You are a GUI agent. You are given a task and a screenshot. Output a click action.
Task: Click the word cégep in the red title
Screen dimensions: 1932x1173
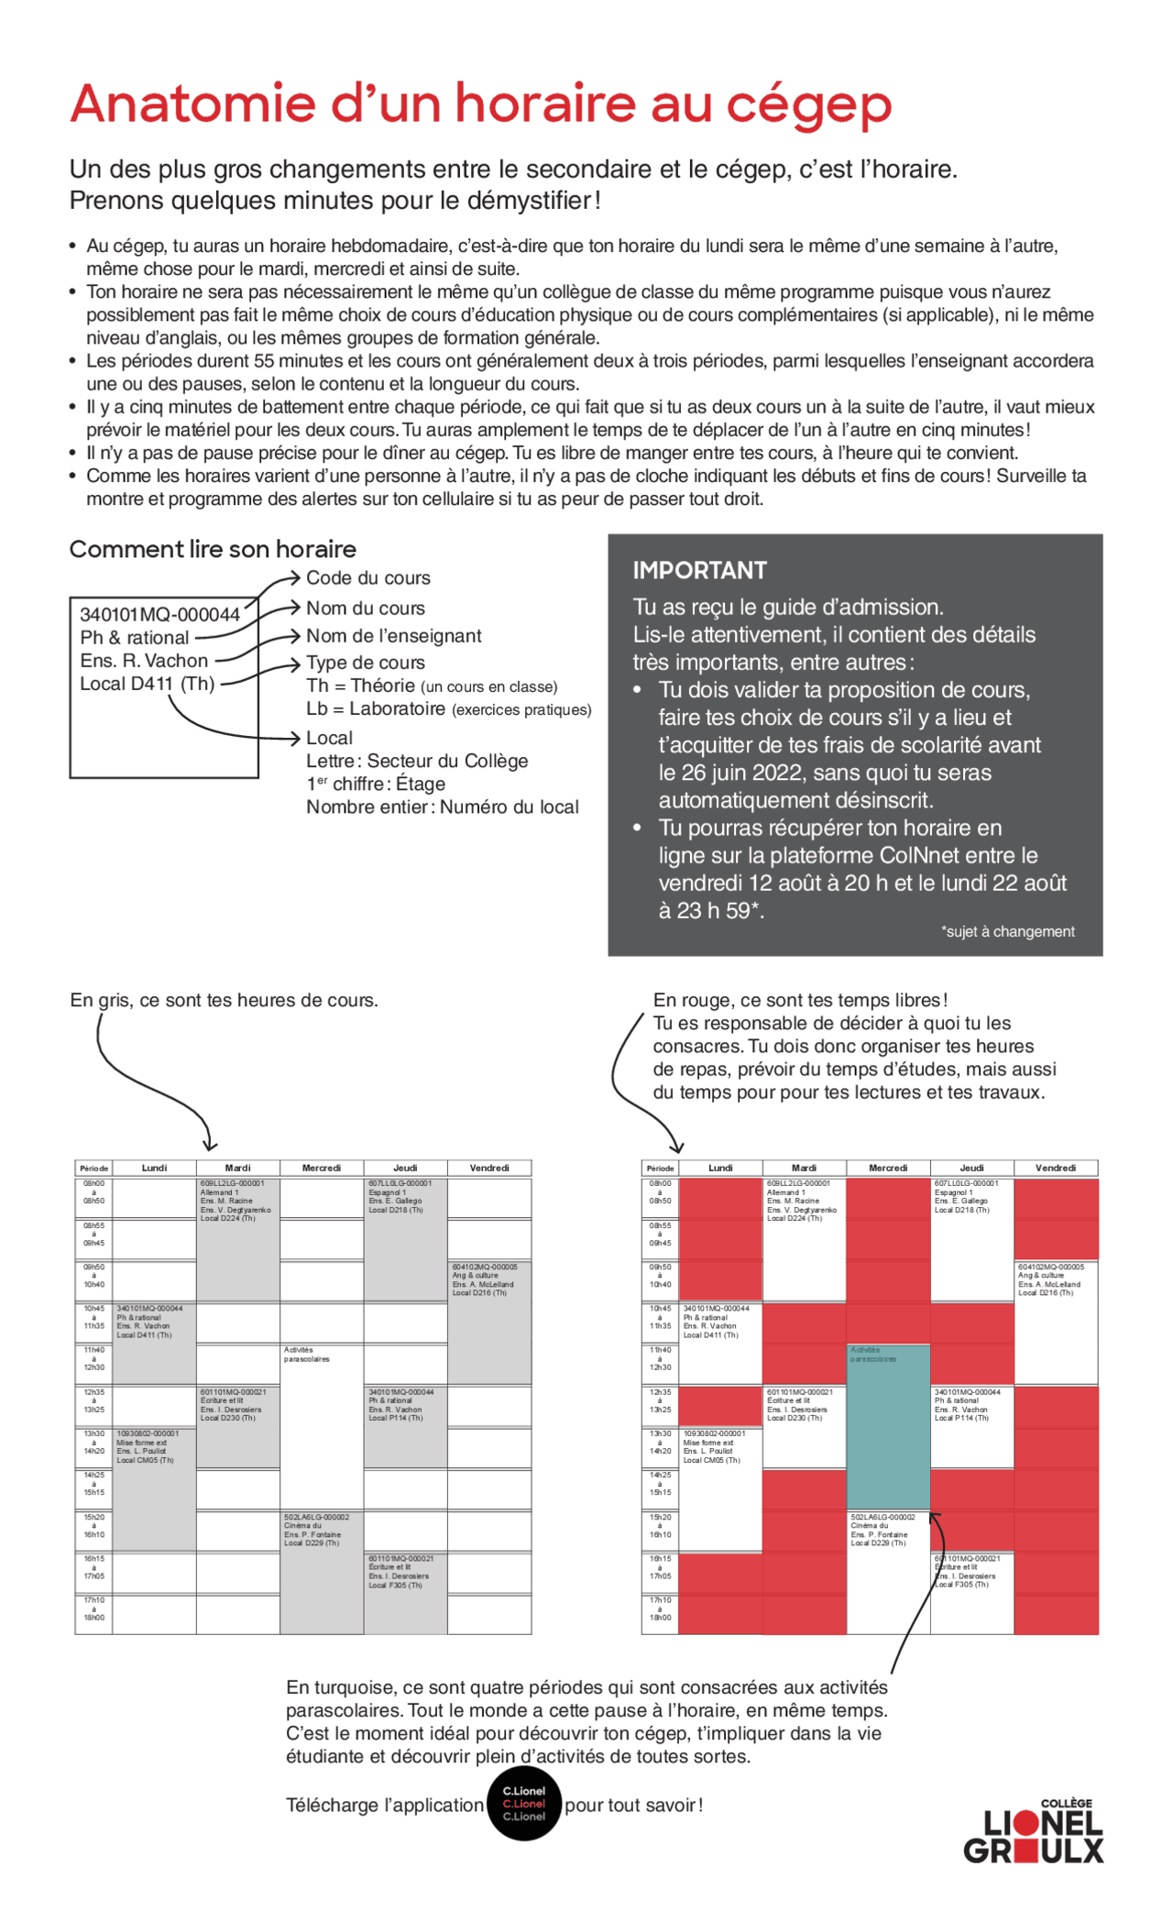pos(808,105)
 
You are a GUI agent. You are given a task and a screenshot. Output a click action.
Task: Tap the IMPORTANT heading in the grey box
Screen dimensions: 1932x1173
pos(699,570)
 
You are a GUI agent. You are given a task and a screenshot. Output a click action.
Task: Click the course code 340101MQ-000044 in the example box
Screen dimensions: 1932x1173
pos(159,614)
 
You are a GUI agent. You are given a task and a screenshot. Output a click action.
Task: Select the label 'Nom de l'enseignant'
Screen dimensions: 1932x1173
pos(393,635)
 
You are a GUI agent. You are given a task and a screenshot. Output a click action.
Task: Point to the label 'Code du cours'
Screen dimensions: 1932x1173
pos(367,577)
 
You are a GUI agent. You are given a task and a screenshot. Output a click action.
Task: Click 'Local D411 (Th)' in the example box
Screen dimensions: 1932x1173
pos(147,684)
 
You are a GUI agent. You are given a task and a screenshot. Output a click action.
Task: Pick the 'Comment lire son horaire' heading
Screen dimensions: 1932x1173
pos(213,549)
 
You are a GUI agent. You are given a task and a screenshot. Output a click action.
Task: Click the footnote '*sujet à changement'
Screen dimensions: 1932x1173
pos(1007,931)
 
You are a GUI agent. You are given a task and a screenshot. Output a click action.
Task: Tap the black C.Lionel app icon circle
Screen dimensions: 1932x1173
pos(523,1804)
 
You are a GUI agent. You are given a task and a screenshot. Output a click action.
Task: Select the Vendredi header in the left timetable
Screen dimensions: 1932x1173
pos(488,1168)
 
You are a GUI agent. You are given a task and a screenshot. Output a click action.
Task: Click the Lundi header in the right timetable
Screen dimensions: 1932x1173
pos(720,1168)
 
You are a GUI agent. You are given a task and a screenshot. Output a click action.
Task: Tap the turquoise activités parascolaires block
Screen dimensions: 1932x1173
pos(887,1430)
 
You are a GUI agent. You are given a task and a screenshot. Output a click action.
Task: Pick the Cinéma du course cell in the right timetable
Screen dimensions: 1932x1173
pos(886,1530)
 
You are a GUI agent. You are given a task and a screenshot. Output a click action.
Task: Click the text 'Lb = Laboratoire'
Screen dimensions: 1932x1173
pos(376,708)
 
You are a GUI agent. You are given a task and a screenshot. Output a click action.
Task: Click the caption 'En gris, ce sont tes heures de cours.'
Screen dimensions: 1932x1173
pos(224,1000)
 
